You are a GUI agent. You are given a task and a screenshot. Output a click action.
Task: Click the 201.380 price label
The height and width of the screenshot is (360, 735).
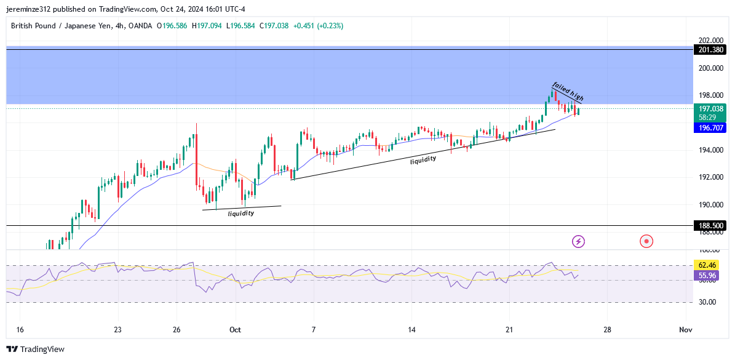click(709, 50)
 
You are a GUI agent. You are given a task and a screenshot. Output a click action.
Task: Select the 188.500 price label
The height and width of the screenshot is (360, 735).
click(709, 226)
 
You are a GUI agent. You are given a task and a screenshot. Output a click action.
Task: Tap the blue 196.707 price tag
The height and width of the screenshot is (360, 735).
click(709, 128)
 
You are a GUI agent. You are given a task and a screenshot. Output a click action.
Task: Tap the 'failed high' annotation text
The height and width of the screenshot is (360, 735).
click(567, 91)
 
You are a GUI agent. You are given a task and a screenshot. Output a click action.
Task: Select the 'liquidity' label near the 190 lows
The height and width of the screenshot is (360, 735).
click(241, 214)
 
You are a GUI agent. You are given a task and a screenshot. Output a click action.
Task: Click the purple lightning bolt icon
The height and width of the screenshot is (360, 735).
click(578, 241)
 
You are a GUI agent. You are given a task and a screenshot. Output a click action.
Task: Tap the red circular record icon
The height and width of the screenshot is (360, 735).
click(646, 241)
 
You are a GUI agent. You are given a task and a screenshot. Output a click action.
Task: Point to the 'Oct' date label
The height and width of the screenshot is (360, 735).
click(235, 330)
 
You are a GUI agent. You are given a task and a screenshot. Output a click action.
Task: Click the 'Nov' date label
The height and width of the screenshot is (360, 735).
click(686, 330)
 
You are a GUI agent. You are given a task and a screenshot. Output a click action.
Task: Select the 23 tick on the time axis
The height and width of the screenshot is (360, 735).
click(117, 330)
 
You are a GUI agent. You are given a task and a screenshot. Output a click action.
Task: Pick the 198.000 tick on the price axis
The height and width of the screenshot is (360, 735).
click(709, 95)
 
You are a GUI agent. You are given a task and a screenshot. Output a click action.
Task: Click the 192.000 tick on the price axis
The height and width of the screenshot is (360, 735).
click(709, 177)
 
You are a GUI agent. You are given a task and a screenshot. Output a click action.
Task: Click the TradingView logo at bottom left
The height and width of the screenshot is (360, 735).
click(37, 349)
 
